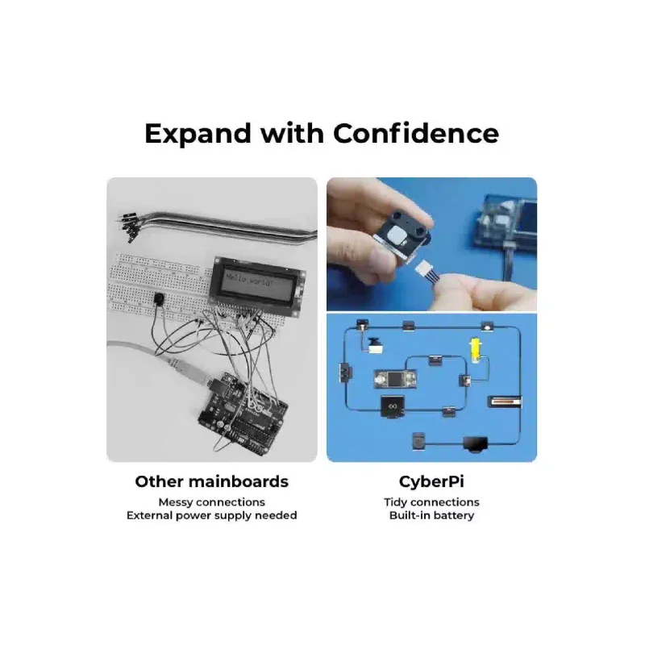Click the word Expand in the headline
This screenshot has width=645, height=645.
[198, 135]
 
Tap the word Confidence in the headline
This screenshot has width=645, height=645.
[416, 133]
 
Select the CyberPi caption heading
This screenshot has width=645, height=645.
[431, 481]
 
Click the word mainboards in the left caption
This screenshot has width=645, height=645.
[239, 481]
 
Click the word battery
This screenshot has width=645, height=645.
[453, 515]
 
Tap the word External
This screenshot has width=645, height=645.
[149, 515]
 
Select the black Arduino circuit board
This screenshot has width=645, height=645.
[243, 414]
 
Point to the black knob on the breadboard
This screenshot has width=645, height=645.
[158, 298]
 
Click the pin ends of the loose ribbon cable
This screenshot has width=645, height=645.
[127, 227]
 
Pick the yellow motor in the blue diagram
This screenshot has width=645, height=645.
[475, 351]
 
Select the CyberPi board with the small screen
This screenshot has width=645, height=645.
[395, 379]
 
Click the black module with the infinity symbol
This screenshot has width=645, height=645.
[392, 407]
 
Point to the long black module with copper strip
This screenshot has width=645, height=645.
[505, 402]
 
